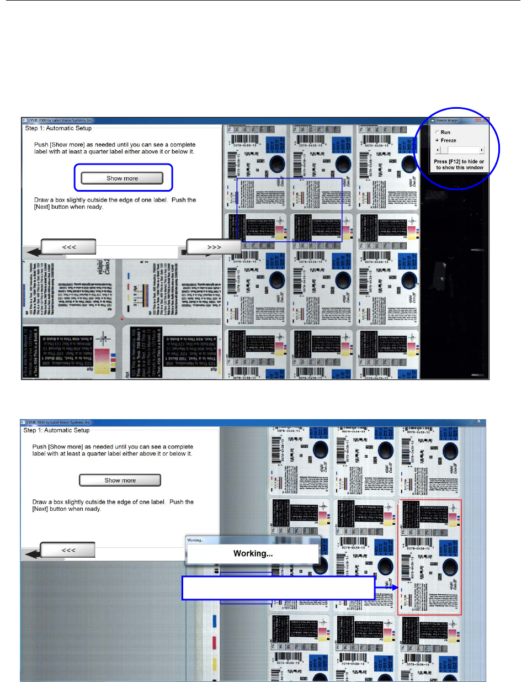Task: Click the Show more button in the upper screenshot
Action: tap(122, 178)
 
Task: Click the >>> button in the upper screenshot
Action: tap(214, 247)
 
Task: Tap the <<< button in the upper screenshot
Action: tap(69, 247)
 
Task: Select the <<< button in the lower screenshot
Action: tap(68, 550)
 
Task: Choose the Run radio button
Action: tap(438, 133)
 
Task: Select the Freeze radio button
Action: tap(438, 140)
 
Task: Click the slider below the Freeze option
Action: tap(460, 150)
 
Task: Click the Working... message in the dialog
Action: tap(253, 553)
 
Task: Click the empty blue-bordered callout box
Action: tap(279, 588)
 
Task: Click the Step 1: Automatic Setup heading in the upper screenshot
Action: tap(58, 128)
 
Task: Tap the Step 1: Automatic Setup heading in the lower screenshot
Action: tap(56, 430)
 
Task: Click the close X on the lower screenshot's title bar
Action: tap(478, 421)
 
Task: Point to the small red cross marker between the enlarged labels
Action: tap(122, 319)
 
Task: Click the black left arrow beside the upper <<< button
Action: tap(33, 252)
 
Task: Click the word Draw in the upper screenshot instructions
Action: tap(41, 200)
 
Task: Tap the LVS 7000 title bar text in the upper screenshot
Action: tap(61, 120)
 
